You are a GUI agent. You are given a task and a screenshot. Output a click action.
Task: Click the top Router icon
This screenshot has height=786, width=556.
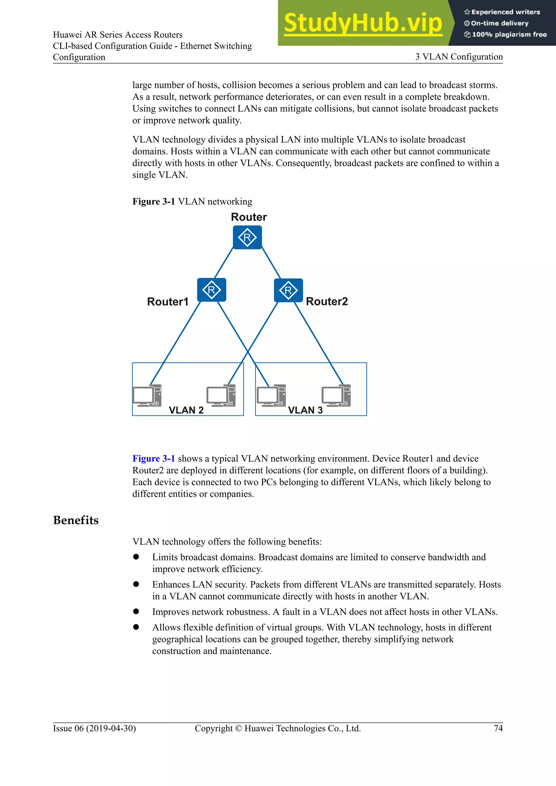click(x=247, y=237)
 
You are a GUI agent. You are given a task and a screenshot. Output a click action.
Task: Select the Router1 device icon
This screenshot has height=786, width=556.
click(x=211, y=290)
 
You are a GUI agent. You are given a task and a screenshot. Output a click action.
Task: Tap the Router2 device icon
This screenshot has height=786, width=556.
click(x=288, y=290)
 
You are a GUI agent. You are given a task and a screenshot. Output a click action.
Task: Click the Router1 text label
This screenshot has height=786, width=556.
click(x=168, y=302)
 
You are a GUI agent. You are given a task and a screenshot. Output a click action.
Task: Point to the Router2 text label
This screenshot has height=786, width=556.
click(x=327, y=301)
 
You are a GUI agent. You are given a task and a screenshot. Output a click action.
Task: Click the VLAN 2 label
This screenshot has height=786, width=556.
click(x=186, y=410)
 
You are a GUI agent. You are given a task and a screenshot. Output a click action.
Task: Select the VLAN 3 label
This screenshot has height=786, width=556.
click(x=305, y=410)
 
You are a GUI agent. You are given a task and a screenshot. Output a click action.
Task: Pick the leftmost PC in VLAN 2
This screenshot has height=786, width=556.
click(x=147, y=396)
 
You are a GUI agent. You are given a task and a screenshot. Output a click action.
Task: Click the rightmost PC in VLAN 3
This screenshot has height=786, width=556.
click(x=336, y=396)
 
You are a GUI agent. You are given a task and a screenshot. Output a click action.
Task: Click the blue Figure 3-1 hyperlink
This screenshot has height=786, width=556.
click(x=153, y=459)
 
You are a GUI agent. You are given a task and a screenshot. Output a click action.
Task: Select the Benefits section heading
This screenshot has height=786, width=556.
click(x=76, y=520)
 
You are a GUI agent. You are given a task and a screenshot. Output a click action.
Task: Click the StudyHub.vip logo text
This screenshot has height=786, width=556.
click(x=363, y=23)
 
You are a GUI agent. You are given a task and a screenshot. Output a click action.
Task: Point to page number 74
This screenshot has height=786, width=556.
click(x=498, y=728)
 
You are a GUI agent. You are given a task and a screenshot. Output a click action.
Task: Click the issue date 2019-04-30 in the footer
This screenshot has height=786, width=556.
click(x=111, y=728)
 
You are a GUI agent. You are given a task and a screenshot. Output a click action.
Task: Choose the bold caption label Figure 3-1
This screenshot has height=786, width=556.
click(x=154, y=202)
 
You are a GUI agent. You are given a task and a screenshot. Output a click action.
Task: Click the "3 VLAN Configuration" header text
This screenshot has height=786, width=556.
click(x=459, y=57)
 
